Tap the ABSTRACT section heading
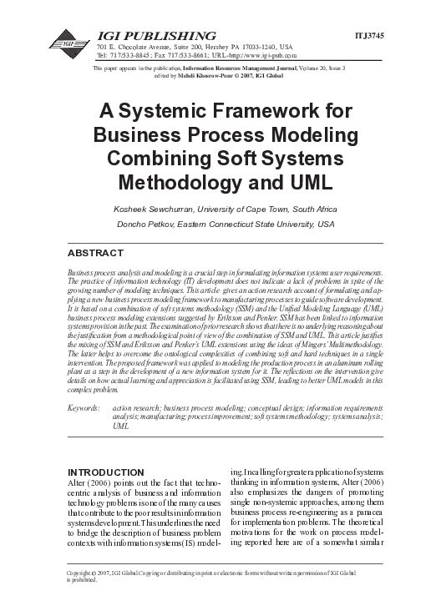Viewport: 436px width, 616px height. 94,251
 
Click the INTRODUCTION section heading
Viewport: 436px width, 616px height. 109,472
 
